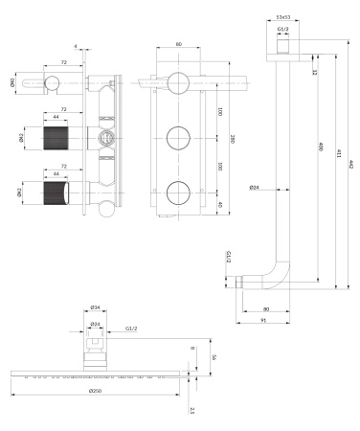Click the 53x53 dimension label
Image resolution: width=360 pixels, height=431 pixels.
point(282,16)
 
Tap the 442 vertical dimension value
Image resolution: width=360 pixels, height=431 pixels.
point(351,166)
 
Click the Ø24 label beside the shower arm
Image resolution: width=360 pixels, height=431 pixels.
point(255,188)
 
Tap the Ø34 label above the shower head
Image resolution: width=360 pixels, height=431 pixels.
point(95,308)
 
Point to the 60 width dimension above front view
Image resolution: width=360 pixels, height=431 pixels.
point(179,44)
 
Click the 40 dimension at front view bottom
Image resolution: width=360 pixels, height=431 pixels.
point(219,203)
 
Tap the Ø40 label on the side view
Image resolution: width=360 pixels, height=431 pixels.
point(12,82)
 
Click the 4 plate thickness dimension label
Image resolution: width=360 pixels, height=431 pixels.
point(74,45)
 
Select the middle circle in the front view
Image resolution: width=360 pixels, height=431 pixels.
point(179,138)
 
